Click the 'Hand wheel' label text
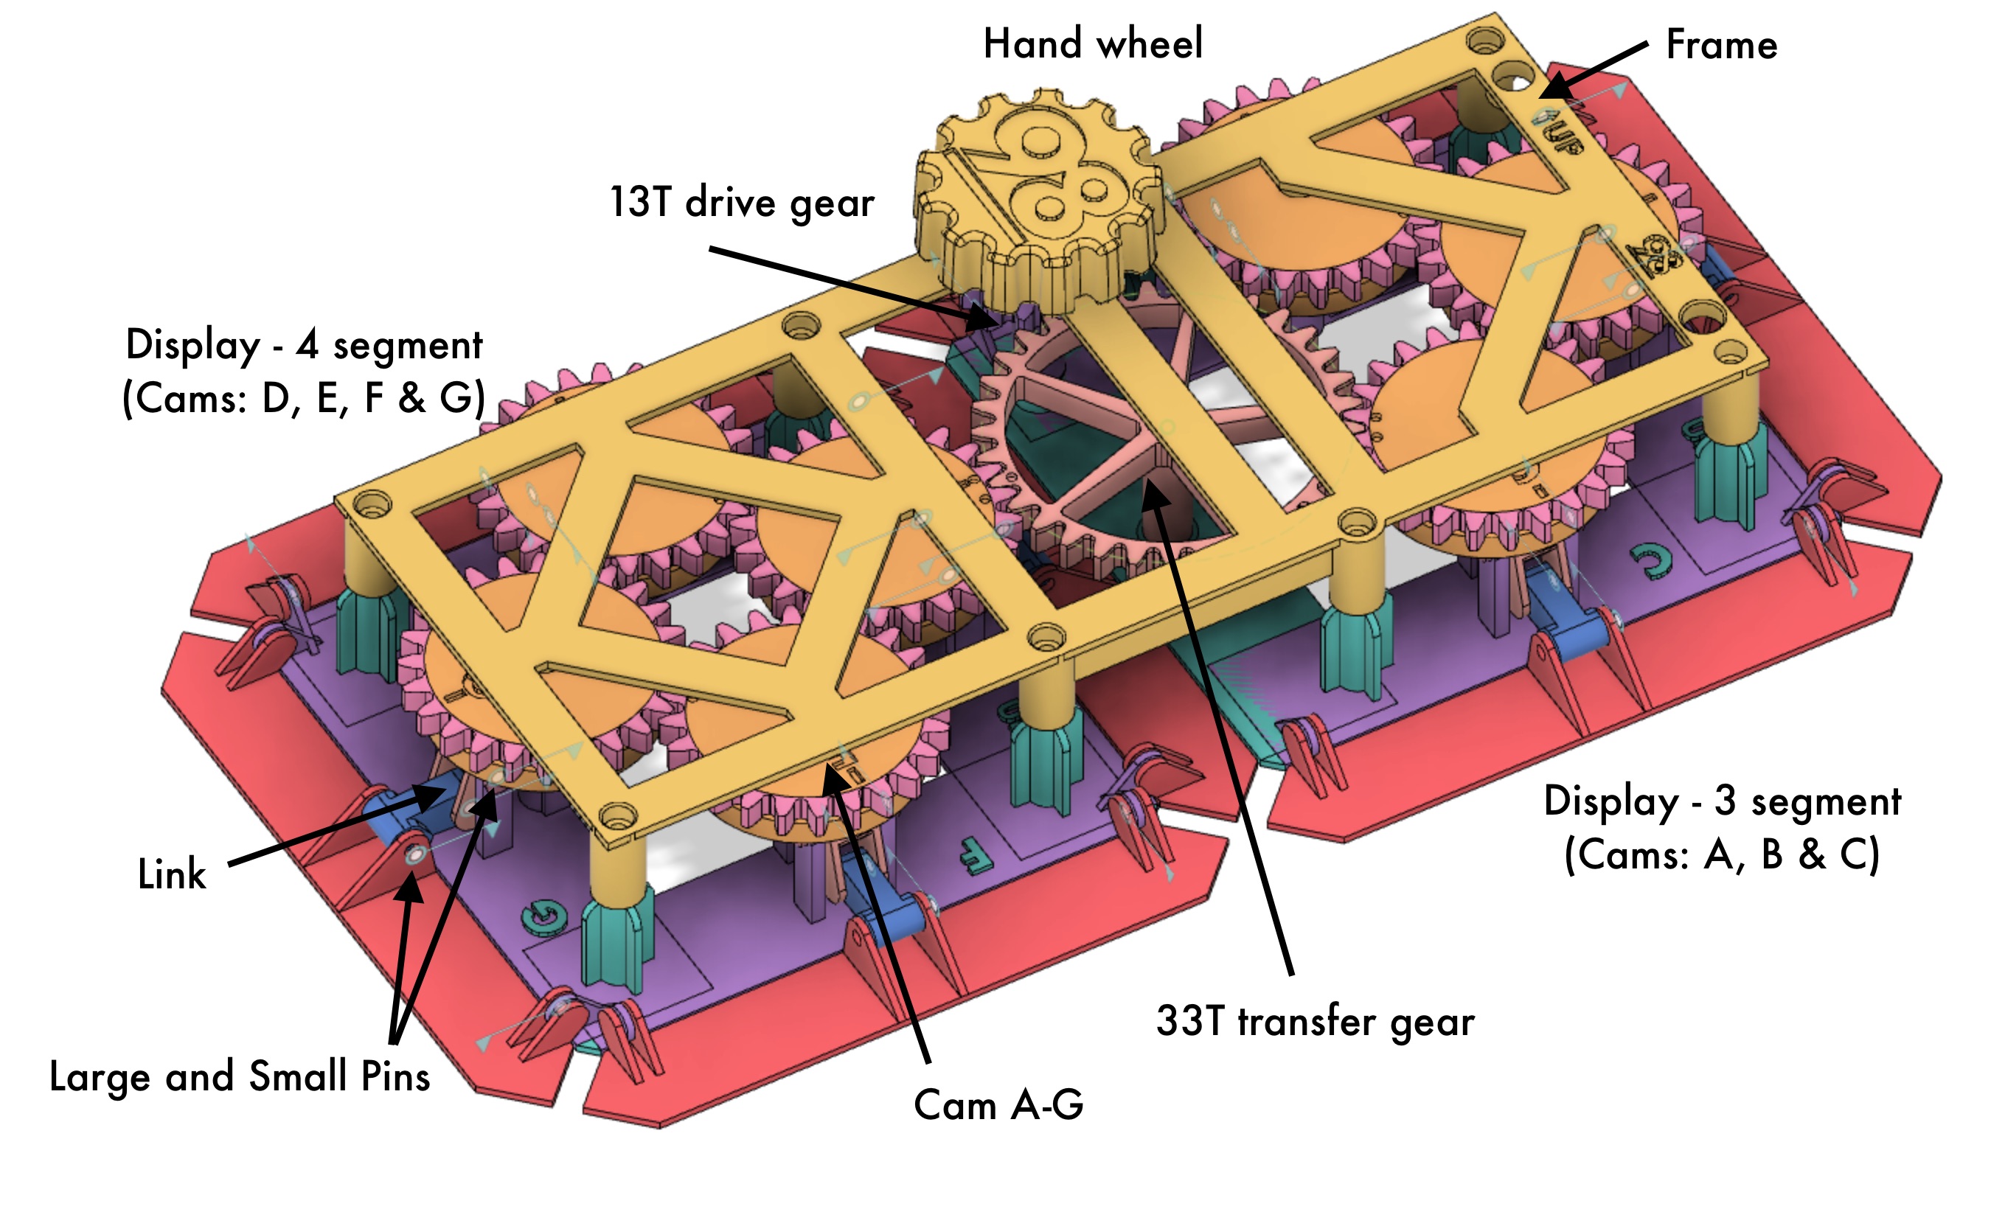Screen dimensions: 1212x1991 click(1092, 43)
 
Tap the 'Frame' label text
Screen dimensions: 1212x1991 click(1721, 45)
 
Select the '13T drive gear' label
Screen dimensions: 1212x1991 click(741, 202)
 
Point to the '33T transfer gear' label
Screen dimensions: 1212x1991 click(1315, 1020)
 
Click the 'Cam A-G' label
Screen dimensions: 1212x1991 click(998, 1104)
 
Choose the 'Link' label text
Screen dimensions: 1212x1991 click(171, 874)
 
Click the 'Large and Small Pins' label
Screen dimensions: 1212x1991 click(239, 1076)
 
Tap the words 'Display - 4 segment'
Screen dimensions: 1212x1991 click(304, 345)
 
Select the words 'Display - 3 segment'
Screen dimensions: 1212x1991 click(1722, 801)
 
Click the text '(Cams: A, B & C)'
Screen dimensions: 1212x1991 click(1721, 854)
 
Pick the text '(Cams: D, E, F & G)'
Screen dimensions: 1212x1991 click(304, 397)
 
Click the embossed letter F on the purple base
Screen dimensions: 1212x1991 click(976, 855)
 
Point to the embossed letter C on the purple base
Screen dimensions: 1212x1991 click(1650, 563)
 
